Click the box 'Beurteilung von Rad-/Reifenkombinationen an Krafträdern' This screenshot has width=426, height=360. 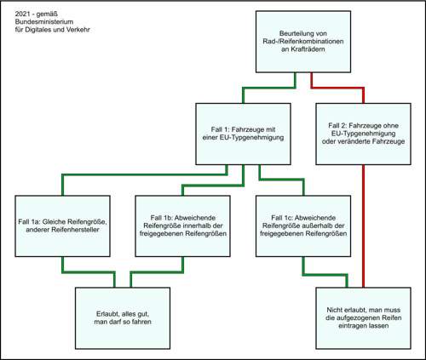tap(303, 42)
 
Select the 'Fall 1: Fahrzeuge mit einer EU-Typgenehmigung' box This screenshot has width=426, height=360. tap(243, 134)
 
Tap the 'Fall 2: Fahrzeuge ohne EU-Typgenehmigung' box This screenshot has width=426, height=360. tap(363, 134)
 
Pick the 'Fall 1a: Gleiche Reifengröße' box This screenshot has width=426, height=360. tap(62, 226)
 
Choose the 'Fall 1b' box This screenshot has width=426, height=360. tap(182, 226)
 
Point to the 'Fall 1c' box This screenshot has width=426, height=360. tap(303, 226)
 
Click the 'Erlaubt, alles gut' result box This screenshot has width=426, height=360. tap(123, 318)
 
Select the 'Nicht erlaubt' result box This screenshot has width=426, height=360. tap(363, 318)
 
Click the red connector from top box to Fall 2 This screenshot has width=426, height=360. tap(337, 88)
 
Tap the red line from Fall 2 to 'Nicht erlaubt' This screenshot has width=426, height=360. tap(363, 226)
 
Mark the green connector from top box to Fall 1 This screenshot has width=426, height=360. tap(269, 88)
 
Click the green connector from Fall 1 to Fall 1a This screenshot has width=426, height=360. tap(144, 174)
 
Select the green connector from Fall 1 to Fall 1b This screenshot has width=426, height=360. tap(213, 186)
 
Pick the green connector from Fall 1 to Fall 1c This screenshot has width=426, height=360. tap(281, 180)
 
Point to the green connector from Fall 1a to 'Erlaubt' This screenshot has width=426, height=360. tap(89, 272)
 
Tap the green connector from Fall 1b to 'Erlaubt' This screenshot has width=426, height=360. tap(157, 272)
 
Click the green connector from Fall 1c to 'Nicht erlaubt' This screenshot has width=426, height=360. tap(325, 275)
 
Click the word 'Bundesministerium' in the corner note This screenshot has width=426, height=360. tap(44, 22)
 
